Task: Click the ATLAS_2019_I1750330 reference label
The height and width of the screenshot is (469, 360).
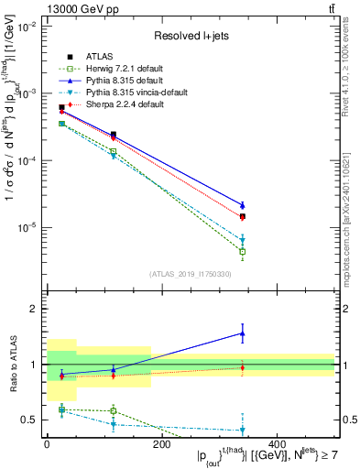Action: pos(191,274)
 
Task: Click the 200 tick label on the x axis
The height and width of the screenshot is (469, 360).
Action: pos(161,443)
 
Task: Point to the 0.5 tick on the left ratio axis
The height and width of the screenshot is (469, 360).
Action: pos(31,420)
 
